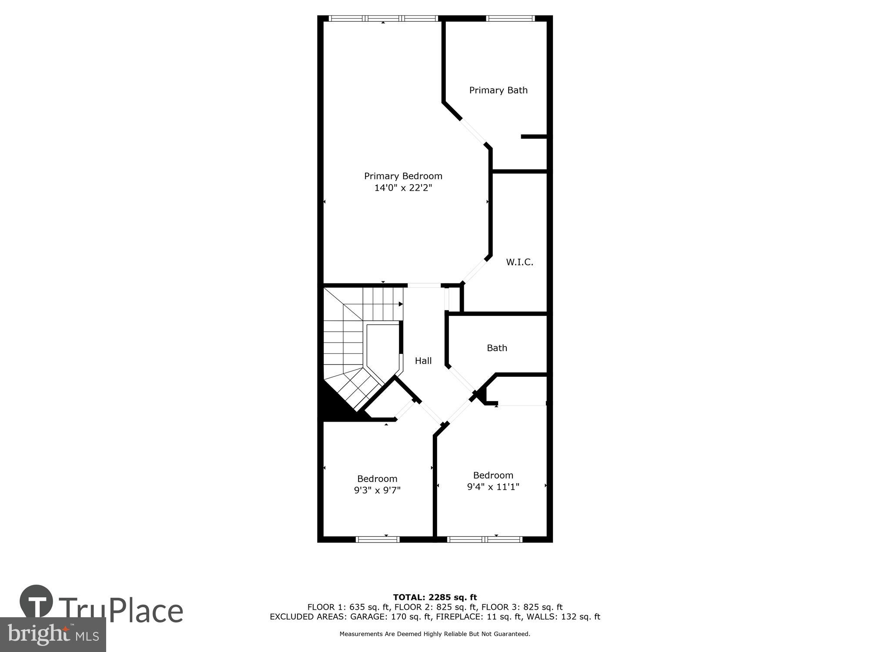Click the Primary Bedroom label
pos(403,176)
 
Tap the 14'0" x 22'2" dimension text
pos(403,188)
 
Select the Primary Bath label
pos(498,90)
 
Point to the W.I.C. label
pos(519,262)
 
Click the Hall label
pos(423,361)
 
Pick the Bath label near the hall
pos(497,348)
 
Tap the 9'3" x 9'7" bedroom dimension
pos(377,490)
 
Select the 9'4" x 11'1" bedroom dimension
pos(493,487)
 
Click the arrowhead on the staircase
pos(401,304)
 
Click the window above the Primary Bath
pos(510,18)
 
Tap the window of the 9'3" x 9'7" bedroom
pos(377,539)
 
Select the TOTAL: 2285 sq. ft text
pos(435,597)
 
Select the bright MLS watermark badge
pos(53,635)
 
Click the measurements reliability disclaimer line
pos(435,634)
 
